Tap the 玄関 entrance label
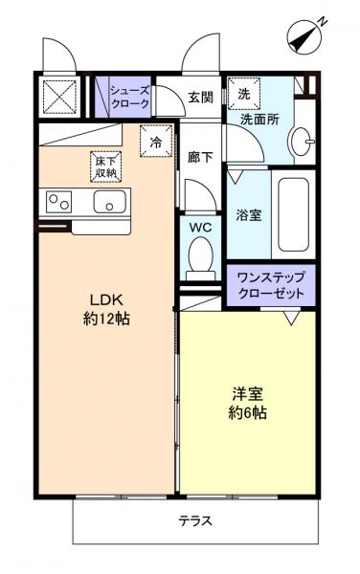pos(200,97)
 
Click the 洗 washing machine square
pos(243,95)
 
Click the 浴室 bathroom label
pos(249,215)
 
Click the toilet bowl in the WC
pos(200,255)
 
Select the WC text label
pos(200,228)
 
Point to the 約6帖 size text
pos(247,413)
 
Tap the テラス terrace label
pos(194,521)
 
